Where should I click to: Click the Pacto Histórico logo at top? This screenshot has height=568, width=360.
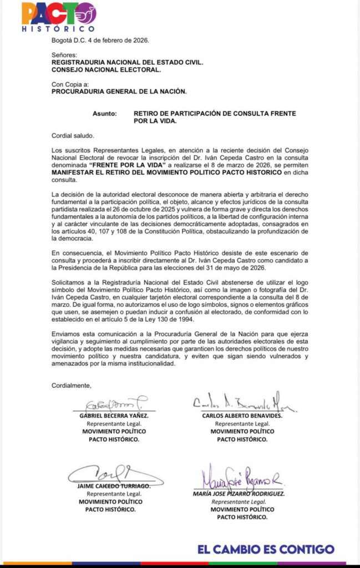coord(58,16)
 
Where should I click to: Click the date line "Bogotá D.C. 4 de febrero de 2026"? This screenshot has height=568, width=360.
coord(100,40)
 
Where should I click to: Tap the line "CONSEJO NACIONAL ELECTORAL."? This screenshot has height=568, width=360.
coord(106,70)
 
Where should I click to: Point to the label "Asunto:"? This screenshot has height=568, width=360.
coord(105,114)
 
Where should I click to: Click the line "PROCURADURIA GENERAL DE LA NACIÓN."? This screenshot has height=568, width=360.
coord(119,92)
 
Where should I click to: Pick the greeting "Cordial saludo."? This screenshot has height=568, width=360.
coord(73,136)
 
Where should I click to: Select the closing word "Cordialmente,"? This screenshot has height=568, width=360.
coord(71,385)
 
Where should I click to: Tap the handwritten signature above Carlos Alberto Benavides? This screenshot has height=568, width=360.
coord(244,403)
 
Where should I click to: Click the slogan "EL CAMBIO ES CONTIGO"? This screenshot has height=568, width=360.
coord(266,550)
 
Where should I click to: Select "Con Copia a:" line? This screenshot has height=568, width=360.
coord(70,85)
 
